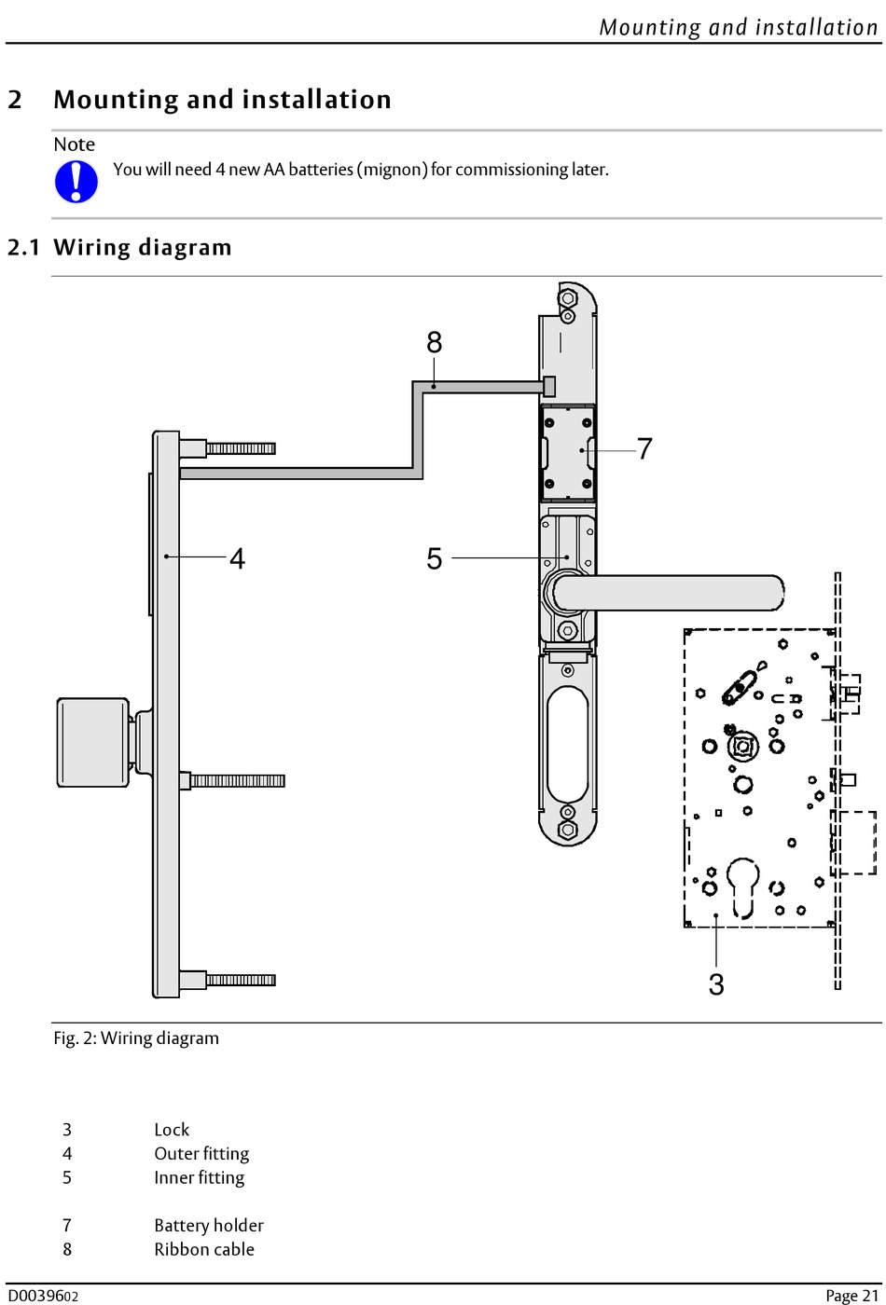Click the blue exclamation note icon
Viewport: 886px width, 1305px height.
point(76,181)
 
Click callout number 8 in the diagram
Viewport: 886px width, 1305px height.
point(434,343)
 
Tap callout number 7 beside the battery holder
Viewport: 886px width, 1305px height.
point(644,449)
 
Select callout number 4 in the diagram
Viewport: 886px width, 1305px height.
point(238,559)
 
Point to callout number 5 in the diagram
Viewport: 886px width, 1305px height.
point(434,559)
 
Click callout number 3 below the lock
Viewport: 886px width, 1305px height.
point(716,984)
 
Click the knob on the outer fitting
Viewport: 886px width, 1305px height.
point(92,742)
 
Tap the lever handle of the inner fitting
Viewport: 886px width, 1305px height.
point(671,593)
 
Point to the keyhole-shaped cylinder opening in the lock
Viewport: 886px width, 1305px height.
point(743,886)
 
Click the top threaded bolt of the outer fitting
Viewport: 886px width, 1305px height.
point(240,448)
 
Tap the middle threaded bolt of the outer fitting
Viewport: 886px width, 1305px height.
point(237,780)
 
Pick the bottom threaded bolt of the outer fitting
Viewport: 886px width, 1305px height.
point(240,980)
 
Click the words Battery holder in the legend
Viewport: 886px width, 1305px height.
point(208,1226)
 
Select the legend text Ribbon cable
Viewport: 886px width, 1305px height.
point(203,1250)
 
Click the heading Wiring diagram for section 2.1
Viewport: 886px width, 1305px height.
point(142,248)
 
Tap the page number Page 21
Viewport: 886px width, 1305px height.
point(851,1295)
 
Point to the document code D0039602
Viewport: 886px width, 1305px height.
point(43,1296)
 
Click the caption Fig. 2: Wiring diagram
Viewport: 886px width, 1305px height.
point(136,1038)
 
